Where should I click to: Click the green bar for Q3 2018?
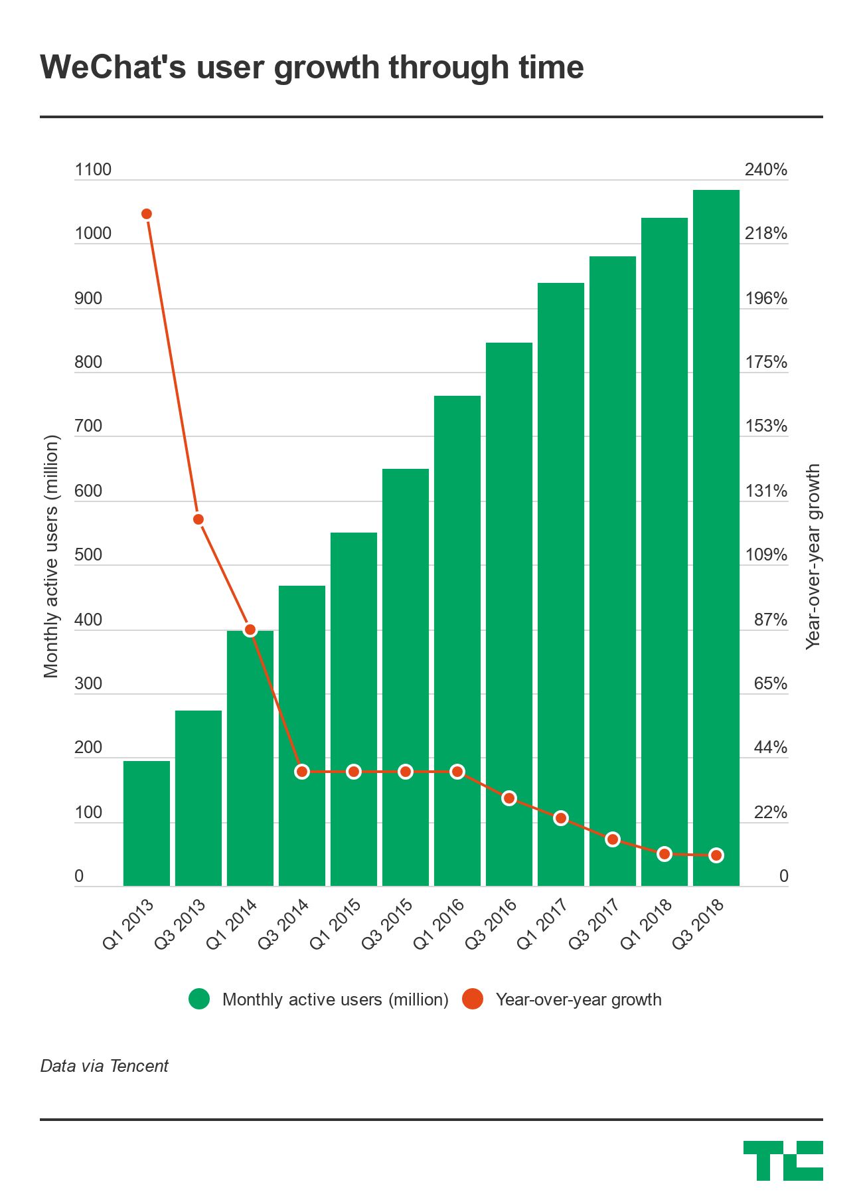(716, 538)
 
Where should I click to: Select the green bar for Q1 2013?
(147, 823)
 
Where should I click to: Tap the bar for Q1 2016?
(457, 641)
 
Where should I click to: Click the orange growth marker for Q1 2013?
(147, 214)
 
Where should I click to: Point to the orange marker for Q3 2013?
(198, 519)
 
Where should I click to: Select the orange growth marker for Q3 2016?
(509, 798)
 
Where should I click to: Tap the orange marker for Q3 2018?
(716, 855)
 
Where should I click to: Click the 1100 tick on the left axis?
(93, 170)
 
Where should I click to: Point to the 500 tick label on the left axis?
(88, 555)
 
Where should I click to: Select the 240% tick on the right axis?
(765, 170)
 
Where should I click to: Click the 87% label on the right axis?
(770, 620)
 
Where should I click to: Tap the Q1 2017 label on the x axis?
(543, 924)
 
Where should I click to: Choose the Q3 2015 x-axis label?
(388, 924)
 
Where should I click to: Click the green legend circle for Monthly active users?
(199, 999)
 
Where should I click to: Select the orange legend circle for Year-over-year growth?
(473, 999)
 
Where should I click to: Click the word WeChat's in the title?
(113, 68)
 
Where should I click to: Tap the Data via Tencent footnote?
(104, 1066)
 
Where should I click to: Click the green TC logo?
(783, 1160)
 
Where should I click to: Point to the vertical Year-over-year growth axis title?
(813, 557)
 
